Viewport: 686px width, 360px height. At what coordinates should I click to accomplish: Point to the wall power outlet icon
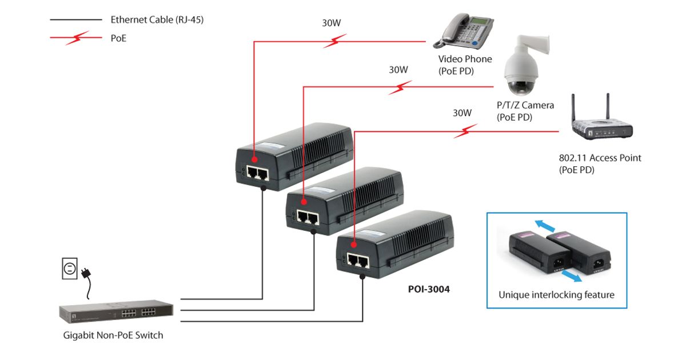pos(70,268)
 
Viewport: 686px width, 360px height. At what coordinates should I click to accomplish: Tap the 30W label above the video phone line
pos(332,25)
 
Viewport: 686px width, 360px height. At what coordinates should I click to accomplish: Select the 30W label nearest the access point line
pos(462,113)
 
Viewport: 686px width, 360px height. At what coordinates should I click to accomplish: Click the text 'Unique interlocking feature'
pos(556,295)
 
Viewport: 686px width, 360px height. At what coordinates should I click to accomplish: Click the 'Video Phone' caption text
pos(465,59)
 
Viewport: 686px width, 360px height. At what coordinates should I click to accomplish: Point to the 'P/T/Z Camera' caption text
pos(525,105)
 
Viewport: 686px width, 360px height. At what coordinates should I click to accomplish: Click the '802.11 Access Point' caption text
pos(600,158)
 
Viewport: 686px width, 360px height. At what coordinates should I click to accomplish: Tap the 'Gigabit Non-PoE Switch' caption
pos(113,335)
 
